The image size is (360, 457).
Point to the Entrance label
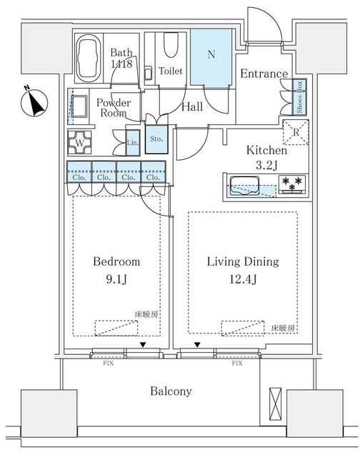point(264,74)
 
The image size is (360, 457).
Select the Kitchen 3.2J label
point(266,157)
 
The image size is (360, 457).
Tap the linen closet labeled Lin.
point(133,141)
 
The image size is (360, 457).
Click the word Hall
point(191,106)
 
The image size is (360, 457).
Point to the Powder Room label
point(111,107)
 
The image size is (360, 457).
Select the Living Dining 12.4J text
point(244,269)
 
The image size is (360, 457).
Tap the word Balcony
point(170,391)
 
